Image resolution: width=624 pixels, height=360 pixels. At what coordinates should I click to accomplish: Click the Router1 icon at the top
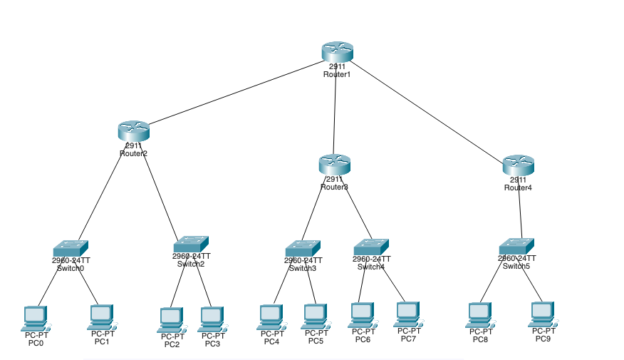coord(337,51)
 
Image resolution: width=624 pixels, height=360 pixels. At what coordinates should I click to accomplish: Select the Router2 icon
coord(133,131)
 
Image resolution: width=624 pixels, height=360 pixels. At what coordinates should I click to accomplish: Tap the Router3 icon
coord(334,164)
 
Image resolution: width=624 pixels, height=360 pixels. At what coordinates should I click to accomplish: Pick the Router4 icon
coord(518,165)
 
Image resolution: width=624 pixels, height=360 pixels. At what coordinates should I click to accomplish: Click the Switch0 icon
coord(71,248)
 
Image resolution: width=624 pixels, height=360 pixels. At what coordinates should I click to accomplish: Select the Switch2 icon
coord(191,244)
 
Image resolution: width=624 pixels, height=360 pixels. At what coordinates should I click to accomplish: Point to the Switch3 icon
coord(303,248)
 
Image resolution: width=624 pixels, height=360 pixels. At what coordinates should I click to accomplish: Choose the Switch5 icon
coord(516,246)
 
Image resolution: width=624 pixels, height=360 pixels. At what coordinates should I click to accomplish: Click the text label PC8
coord(481,339)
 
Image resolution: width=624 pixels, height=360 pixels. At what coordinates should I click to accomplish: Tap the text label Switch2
coord(191,264)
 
